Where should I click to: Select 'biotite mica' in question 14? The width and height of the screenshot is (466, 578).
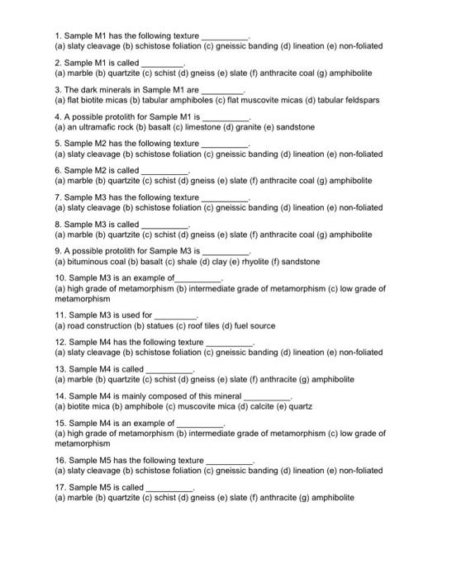coord(91,407)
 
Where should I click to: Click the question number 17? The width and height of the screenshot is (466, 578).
coord(59,487)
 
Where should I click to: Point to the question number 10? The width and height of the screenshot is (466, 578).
coord(59,277)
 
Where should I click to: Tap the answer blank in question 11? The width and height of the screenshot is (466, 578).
coord(176,316)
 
